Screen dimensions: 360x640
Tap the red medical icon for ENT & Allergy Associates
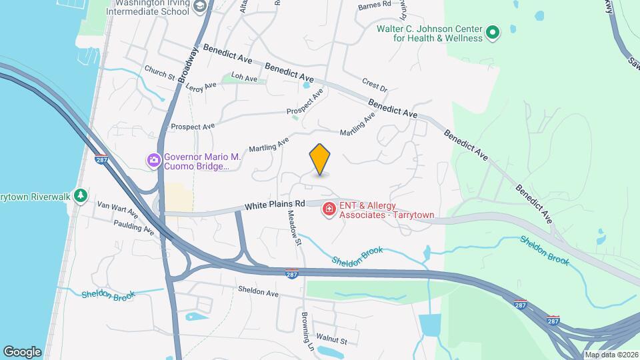pos(329,210)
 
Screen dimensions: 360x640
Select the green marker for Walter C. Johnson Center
pos(493,32)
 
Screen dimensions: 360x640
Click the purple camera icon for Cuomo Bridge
pos(154,160)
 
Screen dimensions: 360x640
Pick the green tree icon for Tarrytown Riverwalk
pos(81,195)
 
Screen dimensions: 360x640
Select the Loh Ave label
pos(244,79)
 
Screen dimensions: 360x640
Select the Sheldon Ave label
pos(258,292)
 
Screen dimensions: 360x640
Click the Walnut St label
pos(331,341)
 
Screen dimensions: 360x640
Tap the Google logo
pos(22,351)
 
